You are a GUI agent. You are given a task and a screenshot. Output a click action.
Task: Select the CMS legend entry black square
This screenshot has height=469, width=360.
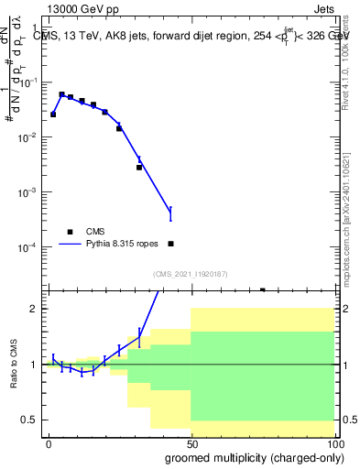[70, 232]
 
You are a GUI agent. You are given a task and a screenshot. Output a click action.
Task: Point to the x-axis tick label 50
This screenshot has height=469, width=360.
[191, 444]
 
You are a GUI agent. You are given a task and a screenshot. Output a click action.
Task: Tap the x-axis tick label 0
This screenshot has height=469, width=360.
[49, 444]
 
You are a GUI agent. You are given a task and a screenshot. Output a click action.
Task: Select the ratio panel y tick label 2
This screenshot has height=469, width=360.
[33, 309]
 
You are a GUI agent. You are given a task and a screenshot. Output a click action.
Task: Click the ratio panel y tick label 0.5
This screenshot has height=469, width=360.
[28, 420]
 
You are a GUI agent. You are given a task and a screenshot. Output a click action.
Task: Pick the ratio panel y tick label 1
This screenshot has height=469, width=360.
[33, 365]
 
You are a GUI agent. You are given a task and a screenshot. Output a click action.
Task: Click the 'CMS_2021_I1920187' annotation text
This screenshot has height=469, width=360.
[190, 274]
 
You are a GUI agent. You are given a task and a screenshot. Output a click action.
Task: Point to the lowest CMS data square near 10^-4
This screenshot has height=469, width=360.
[171, 244]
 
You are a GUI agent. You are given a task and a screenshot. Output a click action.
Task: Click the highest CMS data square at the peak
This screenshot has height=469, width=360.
[61, 94]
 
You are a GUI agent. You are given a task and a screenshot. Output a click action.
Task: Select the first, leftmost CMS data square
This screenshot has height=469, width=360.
[53, 115]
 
